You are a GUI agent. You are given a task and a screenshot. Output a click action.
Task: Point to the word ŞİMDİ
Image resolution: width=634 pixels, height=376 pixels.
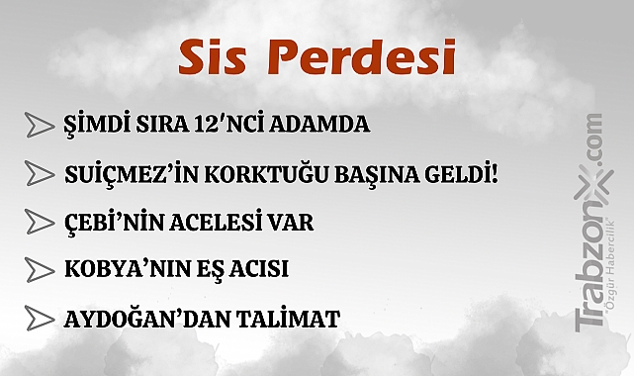(x=96, y=126)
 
